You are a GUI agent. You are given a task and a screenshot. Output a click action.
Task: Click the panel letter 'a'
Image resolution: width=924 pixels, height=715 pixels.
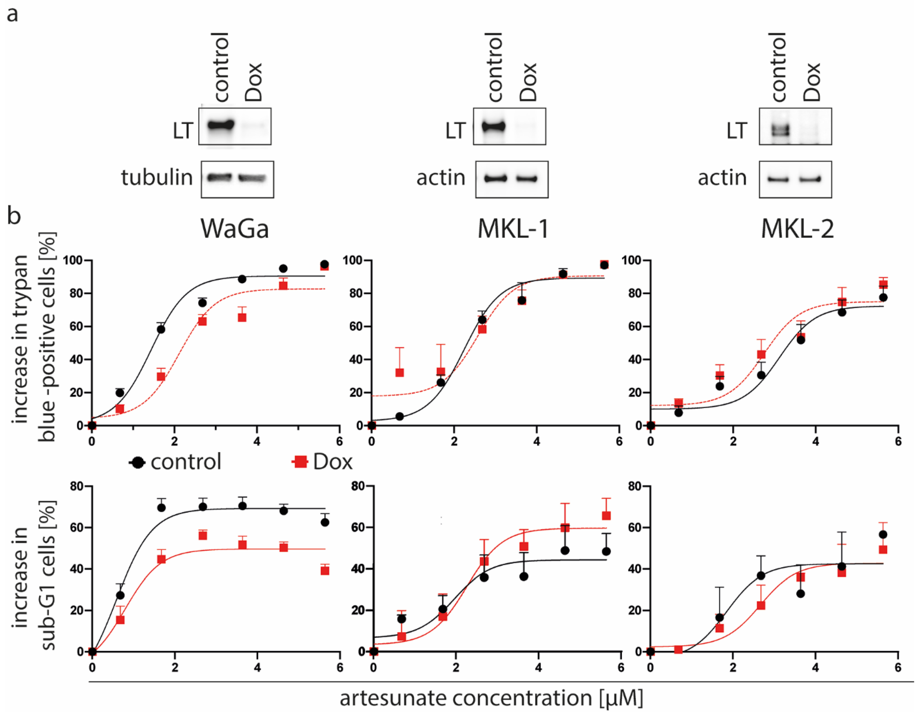coord(13,15)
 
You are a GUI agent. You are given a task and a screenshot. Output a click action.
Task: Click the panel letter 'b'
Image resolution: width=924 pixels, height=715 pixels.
coord(14,216)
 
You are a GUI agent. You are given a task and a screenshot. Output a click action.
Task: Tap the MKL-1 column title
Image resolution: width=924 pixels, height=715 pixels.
coord(513,229)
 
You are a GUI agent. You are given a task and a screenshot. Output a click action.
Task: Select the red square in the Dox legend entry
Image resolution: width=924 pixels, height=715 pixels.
coord(301,462)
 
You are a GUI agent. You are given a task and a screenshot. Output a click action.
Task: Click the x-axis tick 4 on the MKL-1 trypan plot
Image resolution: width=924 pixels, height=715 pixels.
coord(536,442)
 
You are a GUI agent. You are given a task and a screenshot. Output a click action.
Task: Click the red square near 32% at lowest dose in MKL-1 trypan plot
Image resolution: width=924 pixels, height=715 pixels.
coord(399,372)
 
